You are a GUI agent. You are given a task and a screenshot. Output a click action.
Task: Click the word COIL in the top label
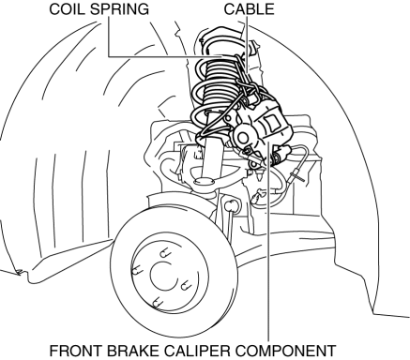[68, 9]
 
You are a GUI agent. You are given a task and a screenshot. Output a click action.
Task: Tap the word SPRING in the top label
[120, 9]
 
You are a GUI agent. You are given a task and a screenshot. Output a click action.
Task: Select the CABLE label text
[249, 9]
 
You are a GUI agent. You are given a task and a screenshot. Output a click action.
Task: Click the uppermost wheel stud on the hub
[163, 252]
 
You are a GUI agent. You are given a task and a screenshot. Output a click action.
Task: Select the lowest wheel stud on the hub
[156, 302]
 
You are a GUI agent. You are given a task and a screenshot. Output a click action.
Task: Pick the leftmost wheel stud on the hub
[137, 270]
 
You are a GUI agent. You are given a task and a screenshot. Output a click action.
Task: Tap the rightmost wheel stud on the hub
[186, 285]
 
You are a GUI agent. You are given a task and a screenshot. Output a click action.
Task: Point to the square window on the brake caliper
[270, 123]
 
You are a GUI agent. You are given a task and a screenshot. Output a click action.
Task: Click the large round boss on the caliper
[243, 136]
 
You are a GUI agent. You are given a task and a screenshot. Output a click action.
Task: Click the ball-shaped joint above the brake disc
[232, 205]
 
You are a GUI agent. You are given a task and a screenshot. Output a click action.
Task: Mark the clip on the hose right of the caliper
[297, 175]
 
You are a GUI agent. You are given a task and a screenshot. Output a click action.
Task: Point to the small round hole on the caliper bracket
[229, 119]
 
